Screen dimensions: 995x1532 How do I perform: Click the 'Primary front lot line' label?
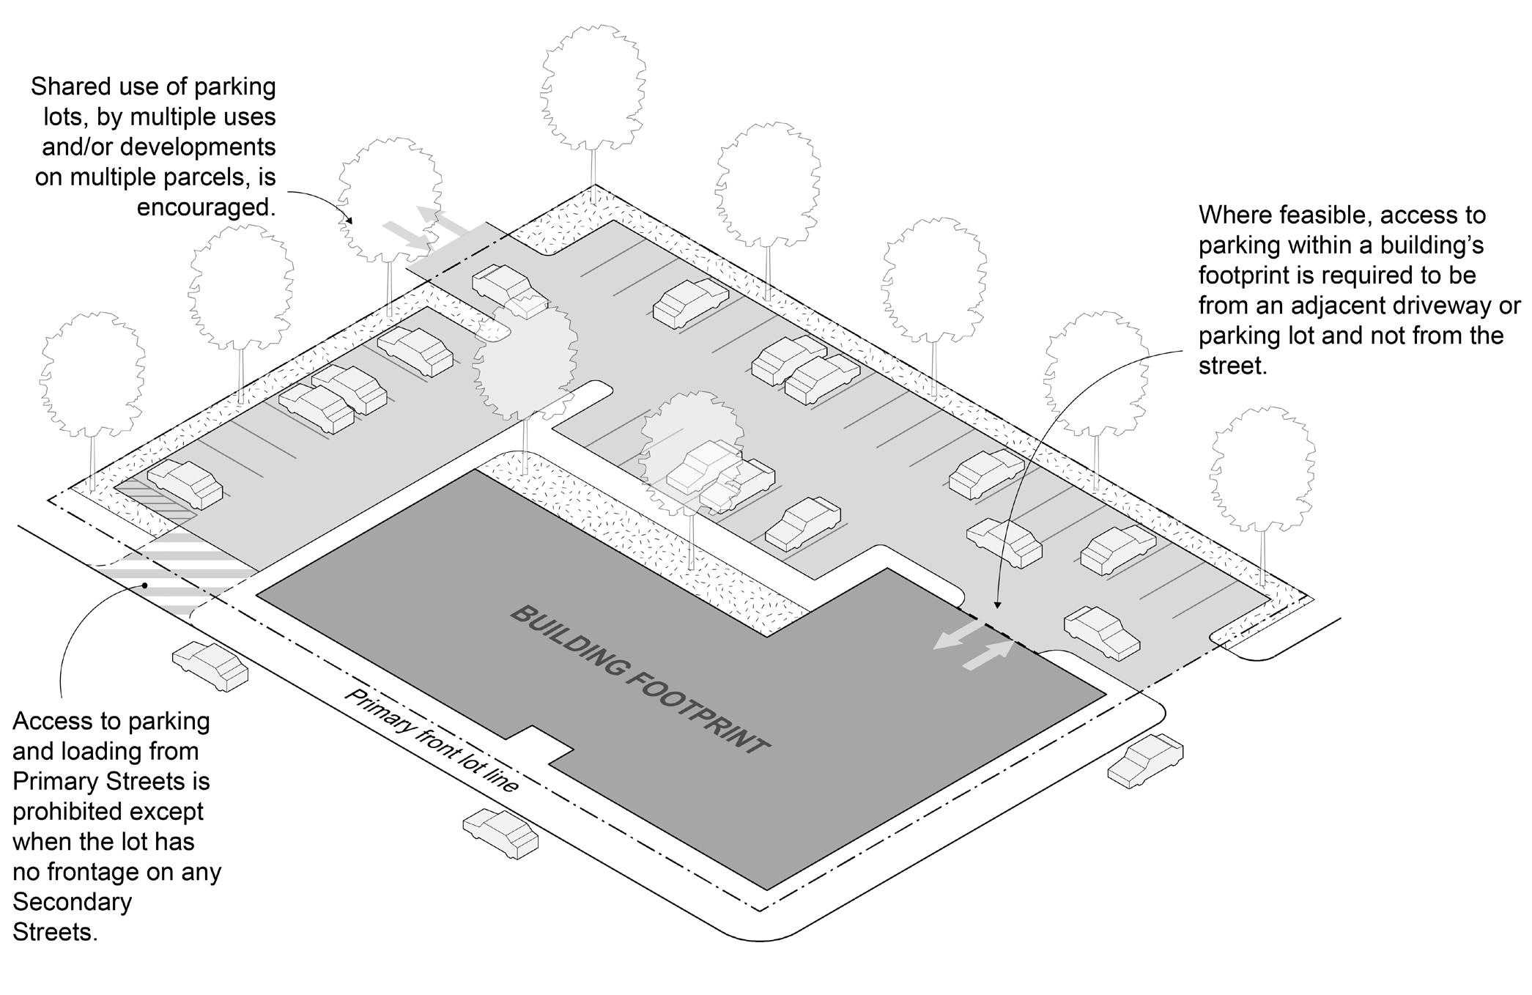[x=432, y=740]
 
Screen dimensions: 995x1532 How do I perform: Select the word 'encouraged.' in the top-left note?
[x=206, y=207]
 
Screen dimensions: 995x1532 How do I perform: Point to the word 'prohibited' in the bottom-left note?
[x=108, y=812]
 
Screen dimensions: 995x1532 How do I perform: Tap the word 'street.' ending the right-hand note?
[x=1232, y=366]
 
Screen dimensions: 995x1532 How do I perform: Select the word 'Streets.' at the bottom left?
[x=55, y=932]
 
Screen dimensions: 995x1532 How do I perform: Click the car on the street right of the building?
[x=1144, y=760]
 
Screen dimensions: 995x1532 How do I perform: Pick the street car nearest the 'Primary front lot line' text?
[x=500, y=833]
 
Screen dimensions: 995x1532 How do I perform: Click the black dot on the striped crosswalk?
[x=146, y=585]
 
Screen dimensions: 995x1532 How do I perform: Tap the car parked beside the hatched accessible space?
[x=185, y=484]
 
